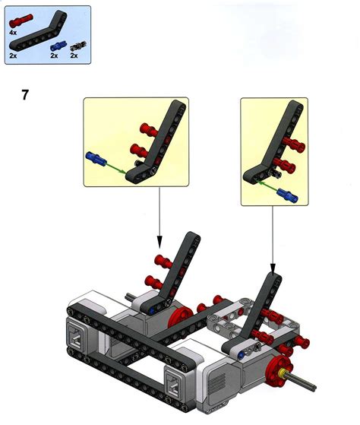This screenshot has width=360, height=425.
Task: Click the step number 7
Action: (26, 95)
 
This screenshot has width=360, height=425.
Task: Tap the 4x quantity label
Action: (13, 33)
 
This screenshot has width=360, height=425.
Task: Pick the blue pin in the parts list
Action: (54, 47)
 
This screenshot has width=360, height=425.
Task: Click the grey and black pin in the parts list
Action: (74, 47)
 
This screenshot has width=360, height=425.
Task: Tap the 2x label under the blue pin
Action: (54, 57)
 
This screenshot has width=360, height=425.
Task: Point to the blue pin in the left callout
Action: (96, 159)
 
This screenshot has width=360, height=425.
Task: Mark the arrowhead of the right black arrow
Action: (273, 268)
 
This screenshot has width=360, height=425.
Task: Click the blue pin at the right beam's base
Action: (241, 354)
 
